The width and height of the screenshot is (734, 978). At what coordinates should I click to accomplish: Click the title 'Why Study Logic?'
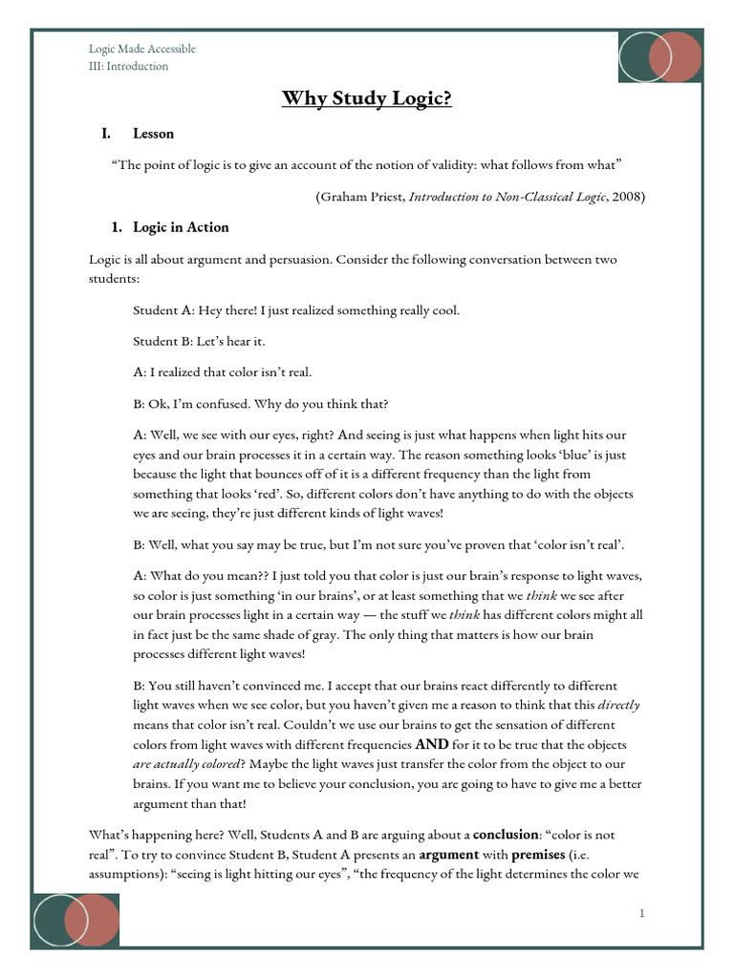pyautogui.click(x=367, y=99)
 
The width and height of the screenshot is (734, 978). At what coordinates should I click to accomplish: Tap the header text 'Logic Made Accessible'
pyautogui.click(x=141, y=49)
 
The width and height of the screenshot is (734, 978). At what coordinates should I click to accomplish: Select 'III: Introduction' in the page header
pyautogui.click(x=128, y=66)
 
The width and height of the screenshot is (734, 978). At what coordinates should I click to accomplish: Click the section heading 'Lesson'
pyautogui.click(x=153, y=134)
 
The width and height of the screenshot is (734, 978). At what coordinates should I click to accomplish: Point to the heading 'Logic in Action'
pyautogui.click(x=181, y=227)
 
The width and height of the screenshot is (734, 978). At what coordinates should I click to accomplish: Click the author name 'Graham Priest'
pyautogui.click(x=361, y=197)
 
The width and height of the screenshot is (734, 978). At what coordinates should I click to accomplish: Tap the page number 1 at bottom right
pyautogui.click(x=642, y=914)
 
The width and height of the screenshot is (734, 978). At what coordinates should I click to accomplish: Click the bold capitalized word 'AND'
pyautogui.click(x=432, y=743)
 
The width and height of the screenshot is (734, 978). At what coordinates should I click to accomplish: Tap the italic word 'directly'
pyautogui.click(x=618, y=706)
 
